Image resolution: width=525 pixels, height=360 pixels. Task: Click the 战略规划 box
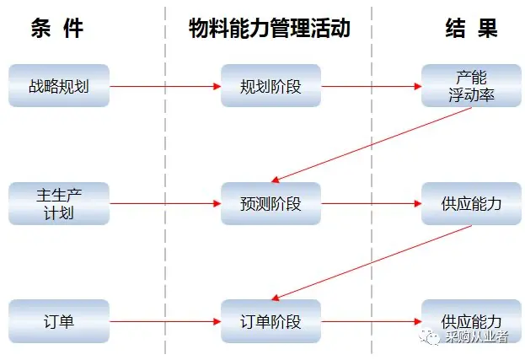pos(59,86)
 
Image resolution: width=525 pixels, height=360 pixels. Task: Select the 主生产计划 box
pos(59,203)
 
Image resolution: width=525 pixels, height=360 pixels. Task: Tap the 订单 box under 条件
pos(59,321)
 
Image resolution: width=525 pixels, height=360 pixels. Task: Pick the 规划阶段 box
pos(271,86)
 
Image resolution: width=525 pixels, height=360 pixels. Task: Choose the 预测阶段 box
pos(271,203)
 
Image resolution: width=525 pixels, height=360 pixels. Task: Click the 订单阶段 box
pos(271,321)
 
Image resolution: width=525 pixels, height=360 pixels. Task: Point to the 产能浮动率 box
pos(471,86)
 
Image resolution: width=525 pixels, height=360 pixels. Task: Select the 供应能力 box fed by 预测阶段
pos(471,203)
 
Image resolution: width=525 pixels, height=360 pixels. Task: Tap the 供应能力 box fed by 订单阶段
pos(471,321)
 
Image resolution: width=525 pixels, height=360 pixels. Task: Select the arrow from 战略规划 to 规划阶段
pos(165,86)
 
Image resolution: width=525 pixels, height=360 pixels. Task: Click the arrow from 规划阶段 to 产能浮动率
pos(372,86)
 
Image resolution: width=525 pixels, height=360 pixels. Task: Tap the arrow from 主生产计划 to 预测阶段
pos(165,203)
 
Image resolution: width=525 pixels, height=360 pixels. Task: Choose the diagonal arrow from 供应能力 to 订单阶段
pos(371,262)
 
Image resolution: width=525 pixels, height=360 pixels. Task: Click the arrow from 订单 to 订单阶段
pos(165,321)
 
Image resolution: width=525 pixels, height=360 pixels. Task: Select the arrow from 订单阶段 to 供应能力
pos(372,321)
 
